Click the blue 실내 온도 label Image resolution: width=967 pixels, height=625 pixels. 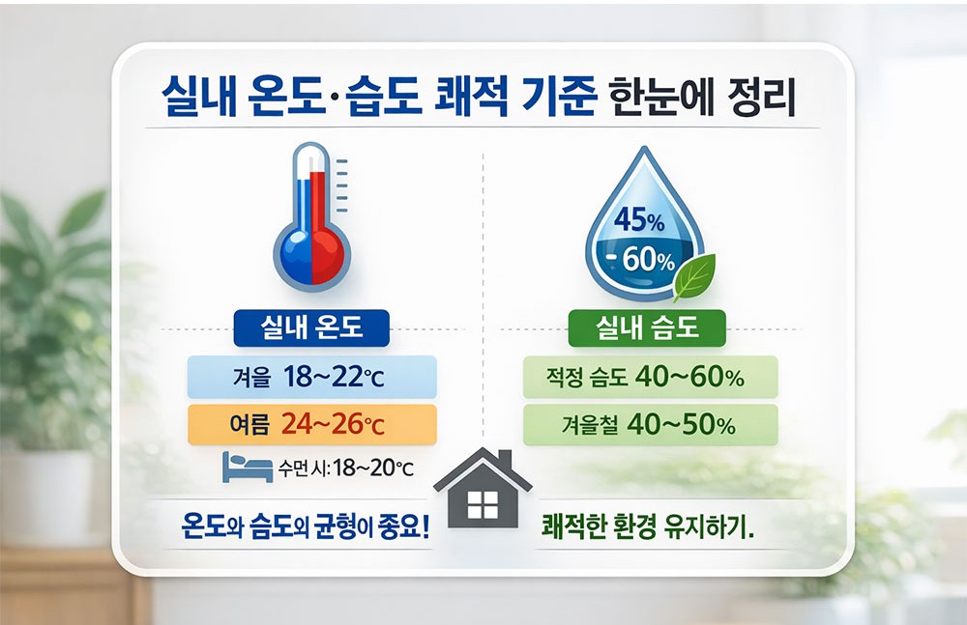tap(311, 328)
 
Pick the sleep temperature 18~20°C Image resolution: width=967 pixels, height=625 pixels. tap(372, 469)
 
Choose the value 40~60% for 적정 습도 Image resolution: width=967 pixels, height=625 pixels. tap(689, 378)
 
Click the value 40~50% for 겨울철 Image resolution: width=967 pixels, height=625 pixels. tap(681, 423)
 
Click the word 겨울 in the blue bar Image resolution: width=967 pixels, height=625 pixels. tap(251, 379)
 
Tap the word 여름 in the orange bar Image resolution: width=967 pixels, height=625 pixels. tap(251, 424)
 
